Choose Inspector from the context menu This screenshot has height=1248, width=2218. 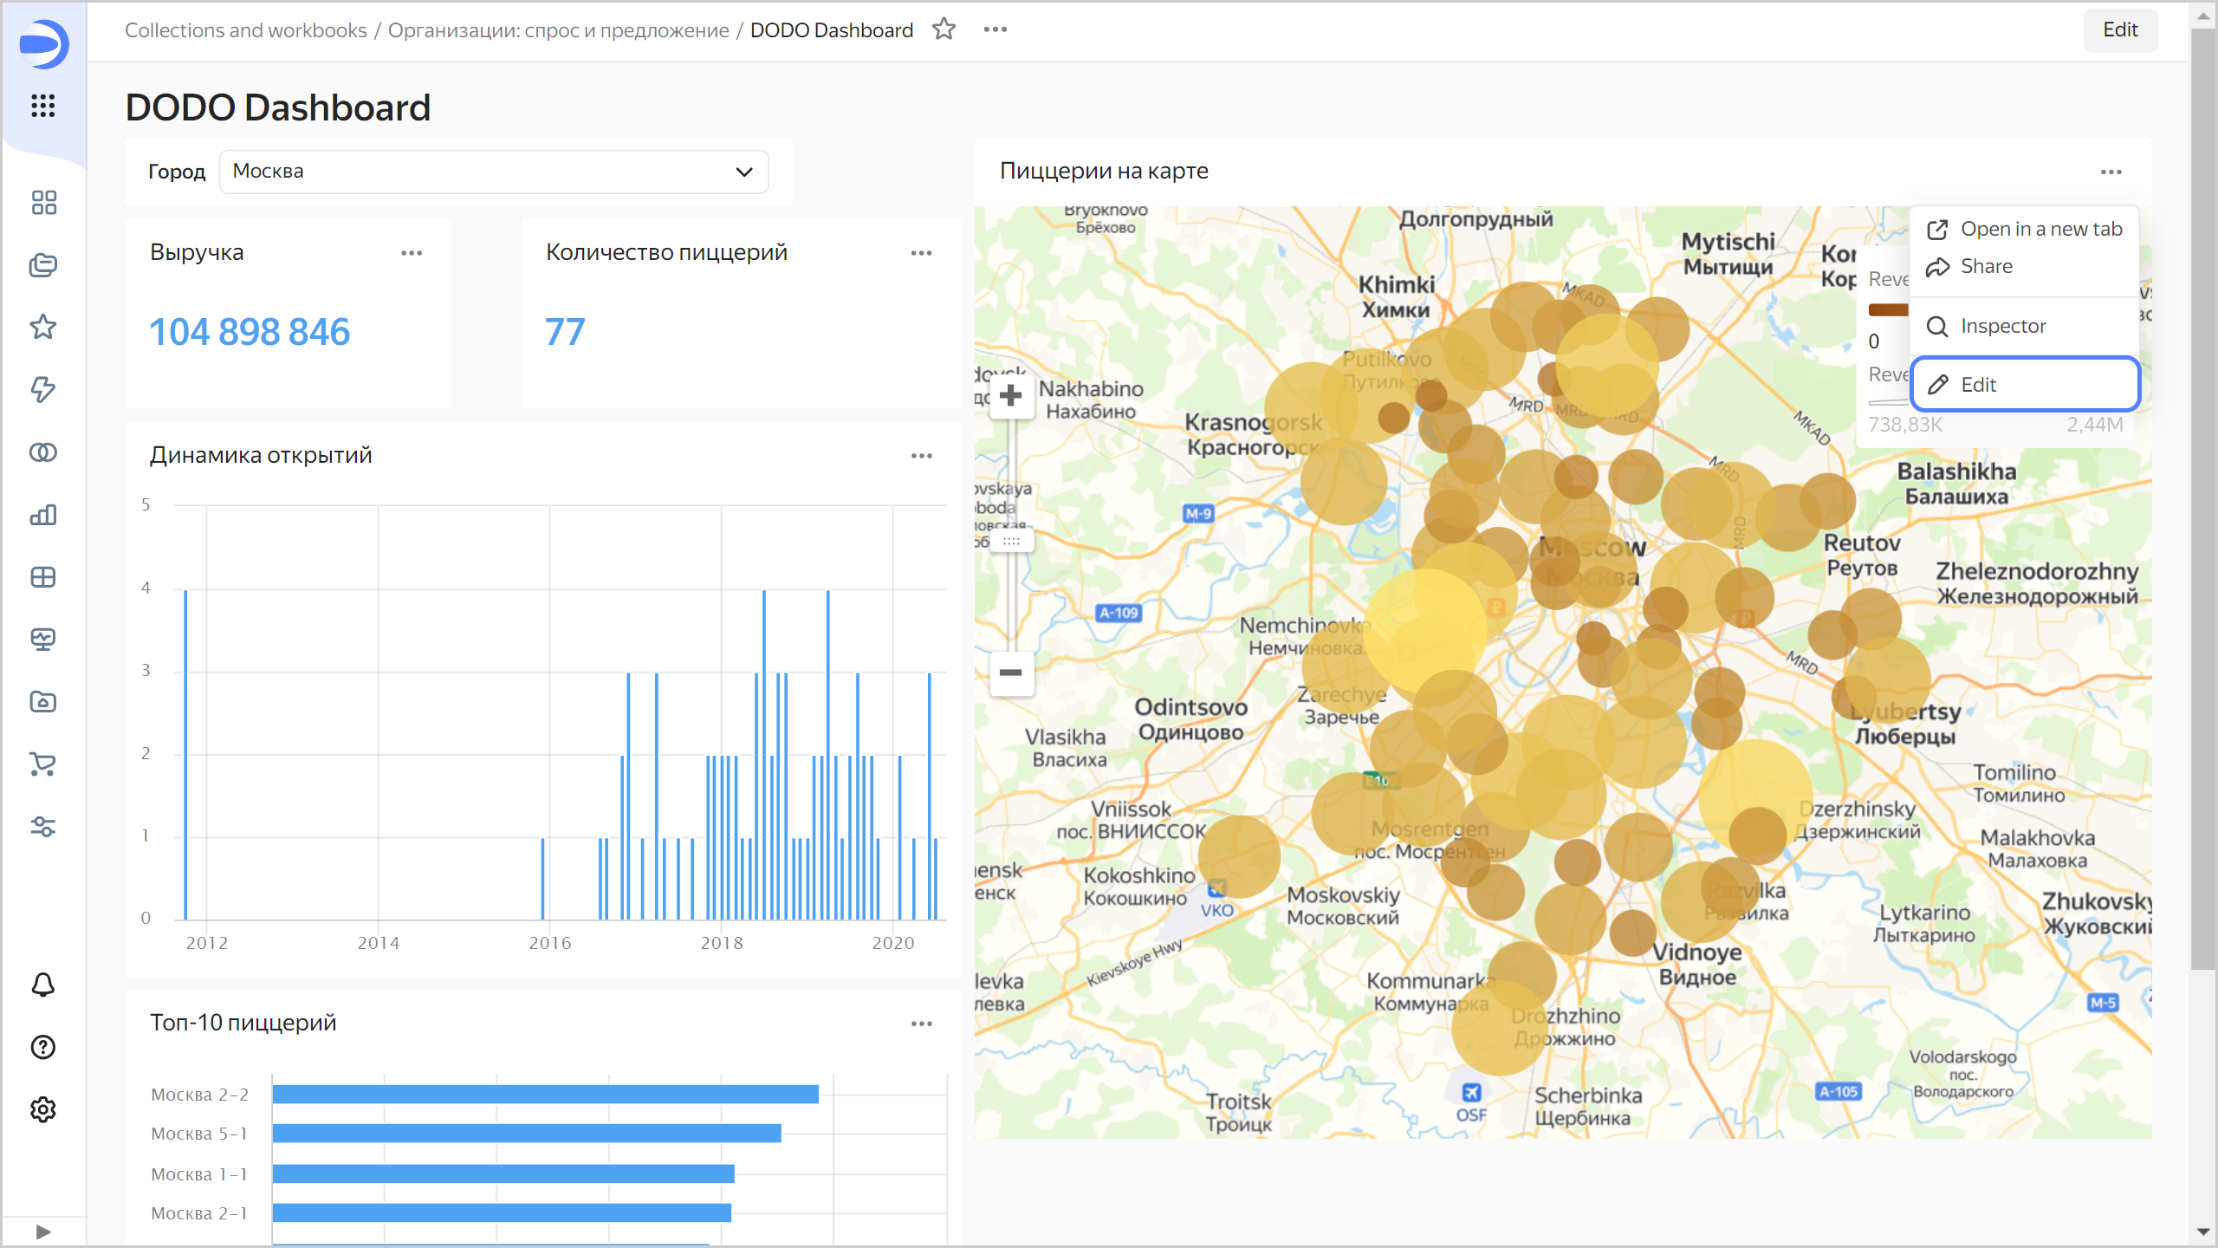tap(2001, 326)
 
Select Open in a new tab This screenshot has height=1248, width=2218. tap(2040, 229)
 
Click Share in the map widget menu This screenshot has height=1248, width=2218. tap(1986, 266)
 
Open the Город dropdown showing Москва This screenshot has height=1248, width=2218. tap(494, 172)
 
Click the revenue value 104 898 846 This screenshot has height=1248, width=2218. tap(250, 332)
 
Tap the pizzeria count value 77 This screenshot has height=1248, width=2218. tap(565, 332)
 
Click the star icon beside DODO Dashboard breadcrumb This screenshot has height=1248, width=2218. tap(944, 29)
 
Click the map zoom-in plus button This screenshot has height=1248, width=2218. tap(1010, 397)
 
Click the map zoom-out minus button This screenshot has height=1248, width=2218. tap(1010, 673)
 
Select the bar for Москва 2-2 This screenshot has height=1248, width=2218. tap(545, 1094)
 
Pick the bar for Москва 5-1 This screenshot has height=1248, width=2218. tap(526, 1133)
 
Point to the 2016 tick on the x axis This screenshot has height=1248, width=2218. tap(550, 943)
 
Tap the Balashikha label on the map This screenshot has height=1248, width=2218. tap(1956, 472)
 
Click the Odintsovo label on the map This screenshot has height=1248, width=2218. tap(1190, 707)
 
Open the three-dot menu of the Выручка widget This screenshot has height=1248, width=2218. tap(412, 253)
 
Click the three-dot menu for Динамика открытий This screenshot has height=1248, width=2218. tap(921, 456)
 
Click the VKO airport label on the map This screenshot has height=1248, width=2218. tap(1216, 910)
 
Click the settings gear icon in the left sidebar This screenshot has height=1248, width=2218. tap(43, 1109)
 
